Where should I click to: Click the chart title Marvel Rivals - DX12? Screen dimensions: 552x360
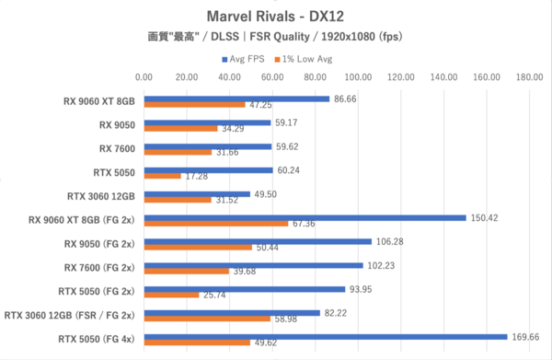[275, 17]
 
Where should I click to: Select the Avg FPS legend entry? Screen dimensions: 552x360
[243, 59]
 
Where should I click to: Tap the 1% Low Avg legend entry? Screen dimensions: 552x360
[304, 59]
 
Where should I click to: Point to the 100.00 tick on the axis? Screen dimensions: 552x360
[358, 77]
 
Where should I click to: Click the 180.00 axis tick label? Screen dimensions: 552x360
[530, 77]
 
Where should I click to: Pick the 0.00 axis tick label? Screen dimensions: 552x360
[144, 77]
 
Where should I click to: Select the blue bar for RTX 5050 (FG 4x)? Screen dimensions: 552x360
[326, 337]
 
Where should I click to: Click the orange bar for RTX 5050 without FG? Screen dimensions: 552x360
[163, 176]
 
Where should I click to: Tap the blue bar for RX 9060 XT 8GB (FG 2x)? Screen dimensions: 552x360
[305, 218]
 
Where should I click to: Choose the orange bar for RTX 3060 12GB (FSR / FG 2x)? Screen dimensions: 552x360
[207, 319]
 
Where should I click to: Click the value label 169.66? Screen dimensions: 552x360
[525, 337]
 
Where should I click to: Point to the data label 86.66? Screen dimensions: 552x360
[345, 99]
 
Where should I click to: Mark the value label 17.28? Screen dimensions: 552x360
[197, 176]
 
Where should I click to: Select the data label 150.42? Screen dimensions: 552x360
[485, 218]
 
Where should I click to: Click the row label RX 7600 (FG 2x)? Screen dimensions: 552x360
[99, 268]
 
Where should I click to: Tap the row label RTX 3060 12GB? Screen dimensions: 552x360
[101, 196]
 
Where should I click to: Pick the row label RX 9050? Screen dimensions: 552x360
[117, 125]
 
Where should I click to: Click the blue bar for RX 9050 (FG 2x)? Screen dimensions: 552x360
[258, 241]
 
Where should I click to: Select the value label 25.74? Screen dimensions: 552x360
[214, 295]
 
